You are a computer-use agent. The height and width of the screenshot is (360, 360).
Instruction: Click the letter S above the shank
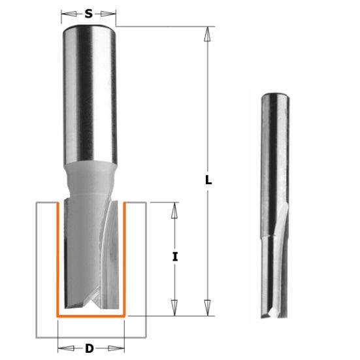pos(89,13)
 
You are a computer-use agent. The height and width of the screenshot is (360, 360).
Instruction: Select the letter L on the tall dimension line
pos(208,181)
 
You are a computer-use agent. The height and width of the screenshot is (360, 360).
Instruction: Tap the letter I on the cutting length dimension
pos(175,257)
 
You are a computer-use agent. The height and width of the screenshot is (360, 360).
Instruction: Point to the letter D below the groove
pos(89,348)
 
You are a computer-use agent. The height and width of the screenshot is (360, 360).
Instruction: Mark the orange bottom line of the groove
pos(91,316)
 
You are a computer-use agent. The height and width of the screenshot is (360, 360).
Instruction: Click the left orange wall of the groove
pos(58,261)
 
